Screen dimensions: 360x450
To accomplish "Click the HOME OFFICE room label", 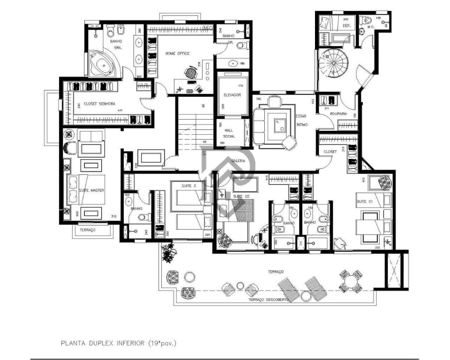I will tap(177, 54).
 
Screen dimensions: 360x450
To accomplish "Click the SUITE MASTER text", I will tap(91, 190).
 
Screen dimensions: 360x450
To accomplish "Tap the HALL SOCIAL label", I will tap(229, 133).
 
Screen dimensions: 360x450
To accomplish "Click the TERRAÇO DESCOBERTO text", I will tap(268, 300).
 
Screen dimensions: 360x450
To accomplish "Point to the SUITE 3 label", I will tap(189, 186).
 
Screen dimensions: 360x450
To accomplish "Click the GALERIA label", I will tap(238, 160).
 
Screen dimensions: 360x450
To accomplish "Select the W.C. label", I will tap(371, 27).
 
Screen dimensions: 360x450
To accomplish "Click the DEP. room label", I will tap(346, 26).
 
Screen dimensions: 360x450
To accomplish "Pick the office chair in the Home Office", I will tap(192, 71).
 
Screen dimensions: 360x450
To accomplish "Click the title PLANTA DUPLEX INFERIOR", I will tap(118, 343).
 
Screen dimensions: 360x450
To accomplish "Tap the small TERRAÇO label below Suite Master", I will tap(87, 229).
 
